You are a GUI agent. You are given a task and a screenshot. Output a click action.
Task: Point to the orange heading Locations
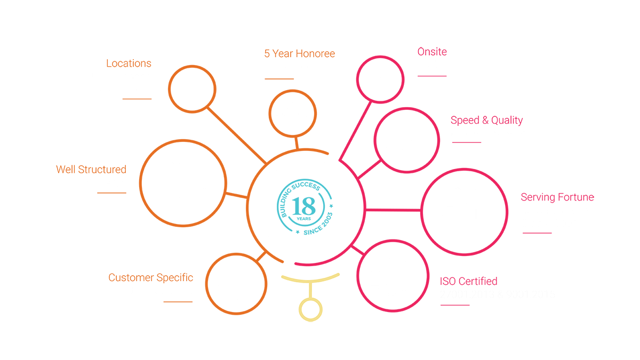129,63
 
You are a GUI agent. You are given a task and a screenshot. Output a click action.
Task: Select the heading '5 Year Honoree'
300,54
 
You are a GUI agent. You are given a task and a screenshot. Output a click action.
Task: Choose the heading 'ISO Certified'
468,281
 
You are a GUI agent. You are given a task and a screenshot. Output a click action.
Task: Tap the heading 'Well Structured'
91,170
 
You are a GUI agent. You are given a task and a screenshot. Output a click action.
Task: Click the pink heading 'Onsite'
432,52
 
